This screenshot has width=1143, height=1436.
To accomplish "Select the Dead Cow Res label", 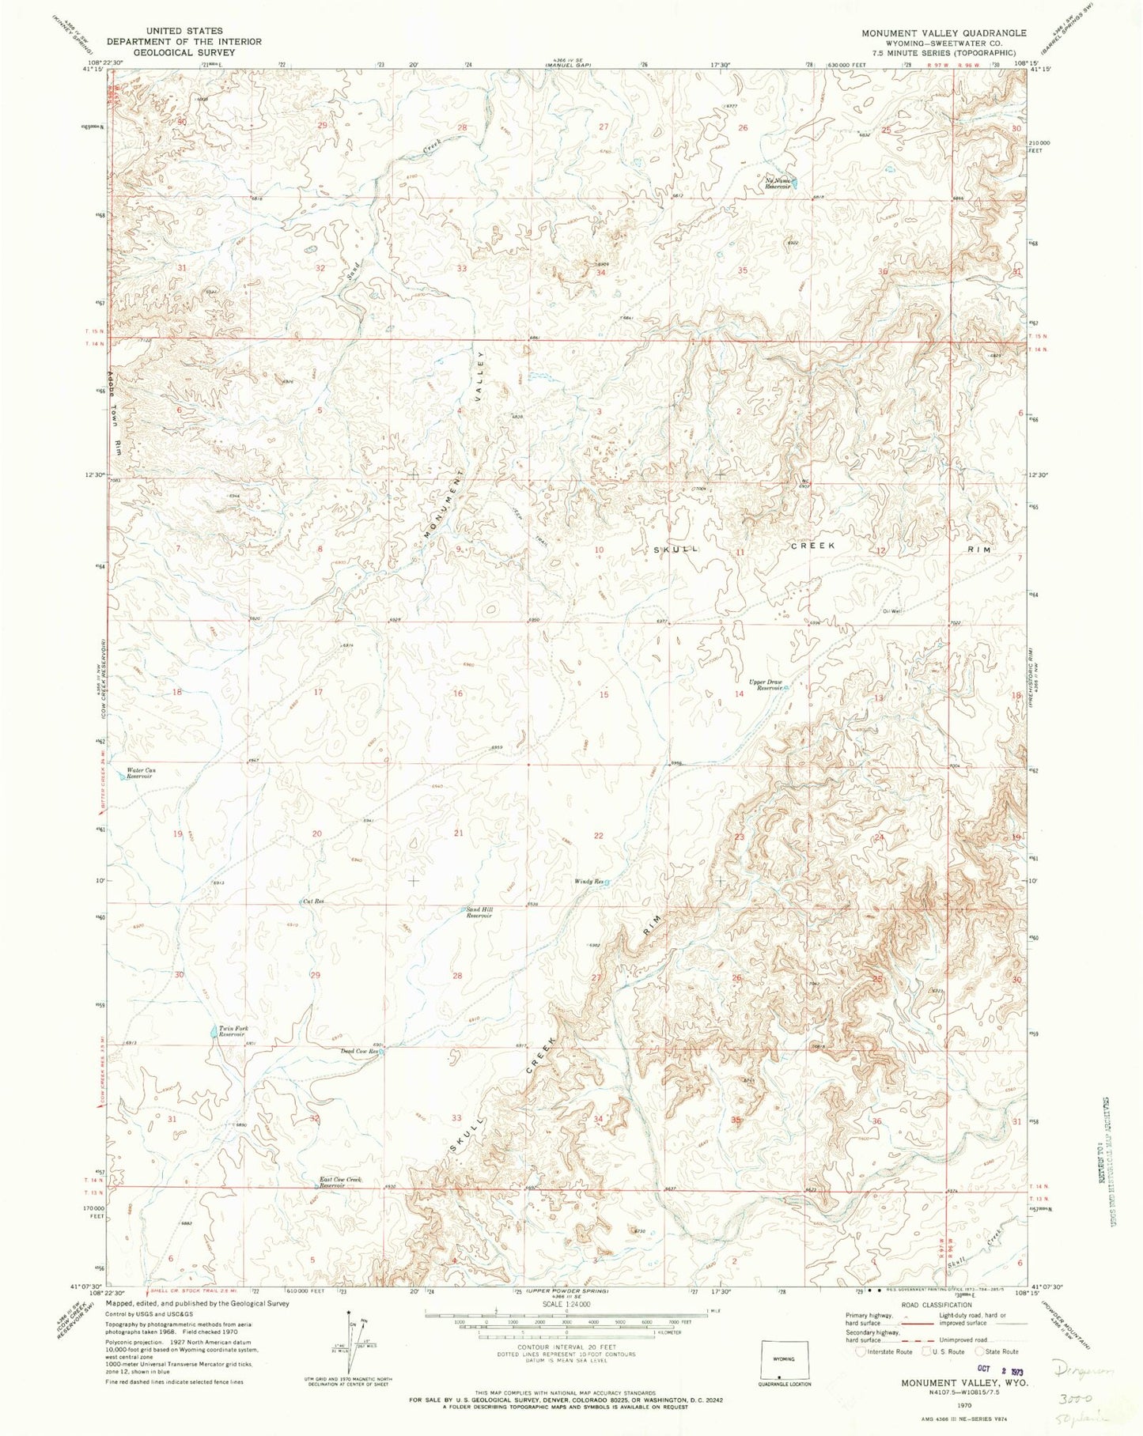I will pyautogui.click(x=360, y=1051).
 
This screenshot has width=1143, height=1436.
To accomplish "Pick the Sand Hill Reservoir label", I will pyautogui.click(x=479, y=913).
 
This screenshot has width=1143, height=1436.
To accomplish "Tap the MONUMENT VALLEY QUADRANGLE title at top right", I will pyautogui.click(x=935, y=33).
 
